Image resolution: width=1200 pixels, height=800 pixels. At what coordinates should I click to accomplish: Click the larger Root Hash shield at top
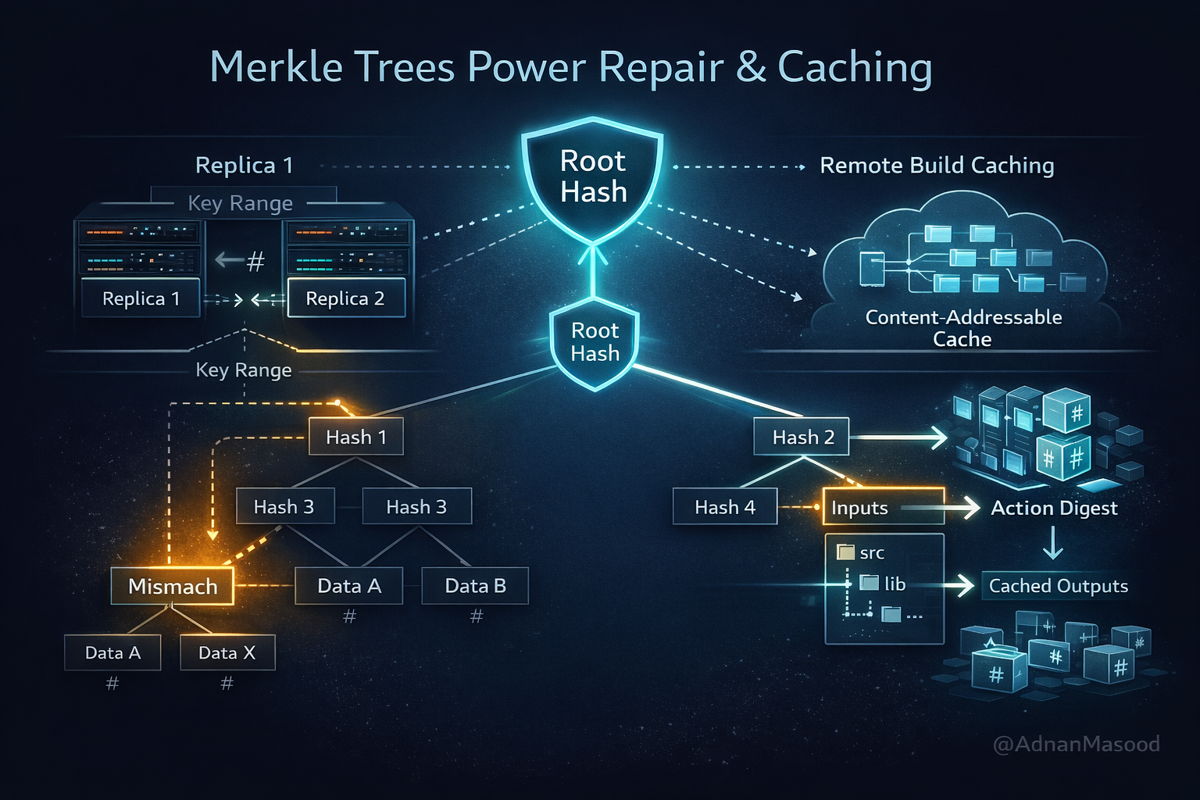click(593, 178)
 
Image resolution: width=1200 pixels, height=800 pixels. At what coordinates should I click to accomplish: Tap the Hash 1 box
click(356, 437)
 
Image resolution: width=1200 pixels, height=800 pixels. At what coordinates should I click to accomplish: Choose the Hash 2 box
click(802, 437)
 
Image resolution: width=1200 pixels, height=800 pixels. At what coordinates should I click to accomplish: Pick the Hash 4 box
click(725, 507)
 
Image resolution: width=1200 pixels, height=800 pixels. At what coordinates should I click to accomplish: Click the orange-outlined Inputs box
click(883, 508)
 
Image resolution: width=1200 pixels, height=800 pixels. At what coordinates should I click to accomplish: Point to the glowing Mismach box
click(173, 586)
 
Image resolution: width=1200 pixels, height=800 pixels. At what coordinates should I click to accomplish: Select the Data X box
click(227, 653)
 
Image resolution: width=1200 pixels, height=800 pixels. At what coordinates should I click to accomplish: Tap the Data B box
click(475, 586)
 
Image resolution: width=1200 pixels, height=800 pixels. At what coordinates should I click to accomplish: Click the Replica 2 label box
click(346, 298)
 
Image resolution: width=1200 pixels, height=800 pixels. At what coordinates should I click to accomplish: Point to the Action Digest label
click(1054, 508)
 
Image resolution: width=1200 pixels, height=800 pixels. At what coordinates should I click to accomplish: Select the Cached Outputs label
click(1058, 586)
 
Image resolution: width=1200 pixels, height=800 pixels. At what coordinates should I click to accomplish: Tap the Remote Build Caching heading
click(937, 166)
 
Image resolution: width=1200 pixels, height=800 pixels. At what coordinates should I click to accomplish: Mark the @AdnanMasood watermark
click(1076, 744)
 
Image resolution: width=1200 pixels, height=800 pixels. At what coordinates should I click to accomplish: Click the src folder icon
click(845, 552)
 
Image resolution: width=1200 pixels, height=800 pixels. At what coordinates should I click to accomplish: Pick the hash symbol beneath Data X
click(227, 684)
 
